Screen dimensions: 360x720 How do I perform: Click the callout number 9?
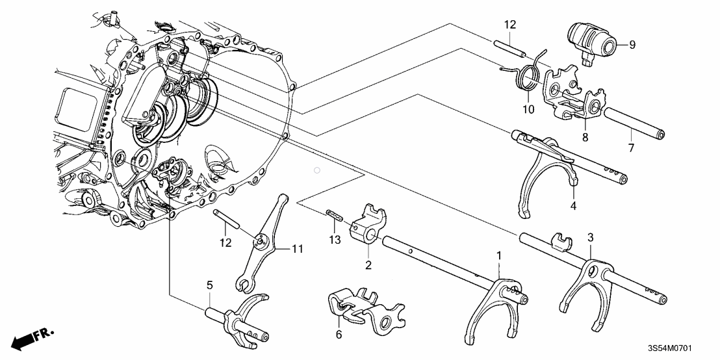click(632, 44)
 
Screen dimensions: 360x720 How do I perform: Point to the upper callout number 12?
click(509, 25)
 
